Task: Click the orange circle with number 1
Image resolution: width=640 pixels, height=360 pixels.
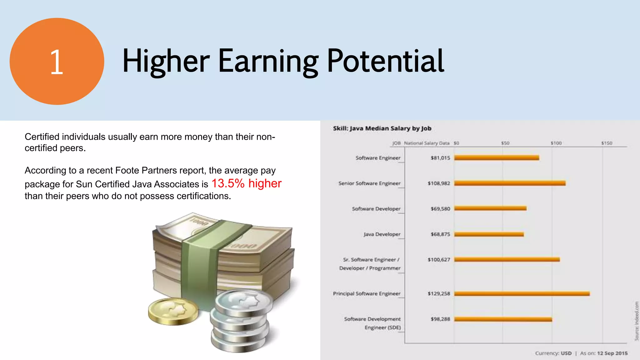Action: [57, 61]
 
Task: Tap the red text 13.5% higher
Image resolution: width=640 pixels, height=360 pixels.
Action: [247, 183]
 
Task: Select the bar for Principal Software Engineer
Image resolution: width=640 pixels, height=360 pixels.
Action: [522, 293]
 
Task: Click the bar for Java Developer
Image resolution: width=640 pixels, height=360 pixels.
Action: [489, 234]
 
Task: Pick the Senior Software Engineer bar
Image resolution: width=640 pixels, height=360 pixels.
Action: [510, 183]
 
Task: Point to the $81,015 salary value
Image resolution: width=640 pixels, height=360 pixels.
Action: [440, 158]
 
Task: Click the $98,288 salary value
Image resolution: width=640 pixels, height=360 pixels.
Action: [440, 319]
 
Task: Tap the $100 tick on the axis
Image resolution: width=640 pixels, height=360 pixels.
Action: [556, 143]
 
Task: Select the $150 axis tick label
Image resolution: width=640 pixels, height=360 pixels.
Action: [607, 143]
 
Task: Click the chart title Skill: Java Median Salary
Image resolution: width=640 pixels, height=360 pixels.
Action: [382, 128]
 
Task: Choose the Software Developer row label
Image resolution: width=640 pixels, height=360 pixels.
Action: [376, 209]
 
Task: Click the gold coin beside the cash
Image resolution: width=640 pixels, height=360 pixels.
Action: [173, 311]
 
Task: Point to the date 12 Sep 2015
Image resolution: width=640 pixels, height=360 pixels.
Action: [612, 353]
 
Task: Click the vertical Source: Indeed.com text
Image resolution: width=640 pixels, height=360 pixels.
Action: [636, 321]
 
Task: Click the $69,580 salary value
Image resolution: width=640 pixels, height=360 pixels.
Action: [440, 209]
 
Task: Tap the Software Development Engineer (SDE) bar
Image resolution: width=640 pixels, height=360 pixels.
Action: [503, 319]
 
